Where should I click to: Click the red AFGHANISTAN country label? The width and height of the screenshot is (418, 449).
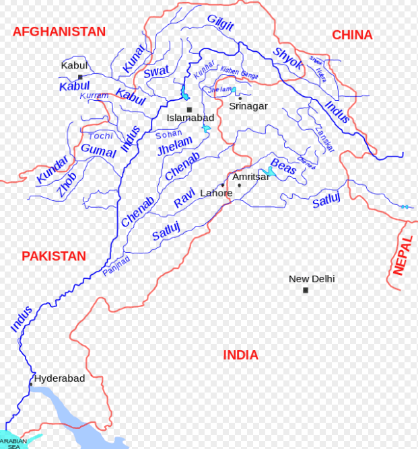(59, 32)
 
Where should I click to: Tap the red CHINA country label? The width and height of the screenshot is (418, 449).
(352, 35)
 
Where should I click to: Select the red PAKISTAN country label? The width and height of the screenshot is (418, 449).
(54, 256)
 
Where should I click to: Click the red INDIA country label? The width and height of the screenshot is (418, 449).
(240, 355)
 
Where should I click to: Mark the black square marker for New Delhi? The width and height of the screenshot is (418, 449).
(306, 290)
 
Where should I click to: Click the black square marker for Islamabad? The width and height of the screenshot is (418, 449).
(189, 110)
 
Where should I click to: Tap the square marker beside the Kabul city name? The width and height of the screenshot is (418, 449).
(80, 77)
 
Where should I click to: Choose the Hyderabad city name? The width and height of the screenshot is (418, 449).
(60, 378)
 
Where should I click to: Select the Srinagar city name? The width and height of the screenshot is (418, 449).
(248, 106)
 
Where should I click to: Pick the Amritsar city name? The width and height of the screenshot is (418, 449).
(251, 177)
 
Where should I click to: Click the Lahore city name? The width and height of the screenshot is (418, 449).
(216, 193)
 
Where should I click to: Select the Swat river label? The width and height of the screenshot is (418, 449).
(156, 71)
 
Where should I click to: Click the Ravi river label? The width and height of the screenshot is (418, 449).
(184, 199)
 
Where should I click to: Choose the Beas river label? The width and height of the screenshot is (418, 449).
(283, 167)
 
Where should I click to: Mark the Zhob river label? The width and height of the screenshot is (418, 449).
(67, 184)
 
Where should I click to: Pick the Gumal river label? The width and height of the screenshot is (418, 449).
(98, 151)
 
